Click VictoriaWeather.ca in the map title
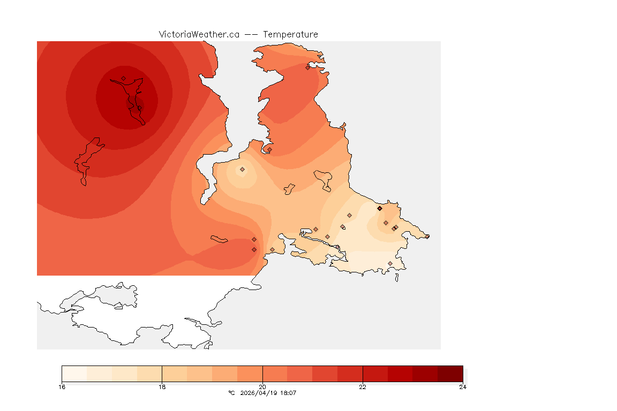pos(199,34)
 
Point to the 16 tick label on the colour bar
pos(62,387)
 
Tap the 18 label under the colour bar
pos(162,387)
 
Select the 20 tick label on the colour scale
pos(262,387)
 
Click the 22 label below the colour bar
pos(363,387)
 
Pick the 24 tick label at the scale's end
pos(463,387)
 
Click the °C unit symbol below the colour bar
pos(231,393)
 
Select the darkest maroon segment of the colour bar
pos(450,373)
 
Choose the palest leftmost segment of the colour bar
pos(74,373)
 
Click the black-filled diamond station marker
pos(380,208)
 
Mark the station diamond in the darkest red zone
pos(123,78)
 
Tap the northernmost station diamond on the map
pos(307,67)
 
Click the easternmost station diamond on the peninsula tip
pos(427,237)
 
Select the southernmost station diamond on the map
pos(390,263)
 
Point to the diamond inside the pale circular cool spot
pos(242,169)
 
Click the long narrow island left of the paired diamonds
pos(220,239)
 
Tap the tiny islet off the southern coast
pos(396,278)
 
